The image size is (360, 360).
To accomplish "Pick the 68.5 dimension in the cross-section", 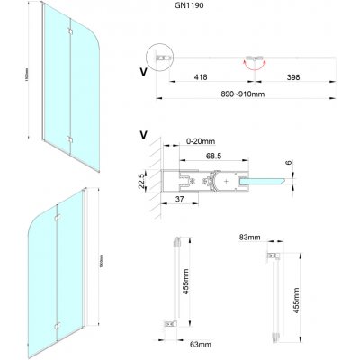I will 213,157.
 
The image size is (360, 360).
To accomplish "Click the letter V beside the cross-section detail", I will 145,135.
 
